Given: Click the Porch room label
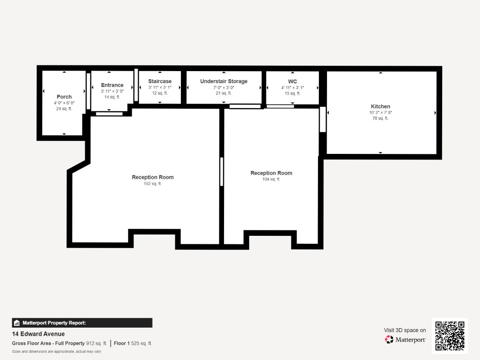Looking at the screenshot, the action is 64,97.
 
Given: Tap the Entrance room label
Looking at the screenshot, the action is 112,85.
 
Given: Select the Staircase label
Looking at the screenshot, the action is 160,81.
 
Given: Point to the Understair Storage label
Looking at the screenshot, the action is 224,81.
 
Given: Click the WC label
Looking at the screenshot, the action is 292,81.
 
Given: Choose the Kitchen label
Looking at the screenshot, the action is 381,107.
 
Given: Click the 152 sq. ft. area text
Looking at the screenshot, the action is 153,184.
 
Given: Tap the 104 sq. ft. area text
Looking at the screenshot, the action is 271,180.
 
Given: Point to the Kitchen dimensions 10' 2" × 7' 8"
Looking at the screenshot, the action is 381,112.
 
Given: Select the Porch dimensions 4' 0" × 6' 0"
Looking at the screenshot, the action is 64,103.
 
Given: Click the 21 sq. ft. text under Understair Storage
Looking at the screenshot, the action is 224,93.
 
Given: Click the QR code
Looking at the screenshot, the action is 450,336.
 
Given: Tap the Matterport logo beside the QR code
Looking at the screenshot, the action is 405,339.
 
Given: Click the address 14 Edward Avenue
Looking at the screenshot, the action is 38,334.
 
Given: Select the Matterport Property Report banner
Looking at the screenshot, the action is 82,323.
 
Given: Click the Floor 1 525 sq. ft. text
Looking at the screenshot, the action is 133,343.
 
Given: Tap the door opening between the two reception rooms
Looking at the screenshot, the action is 222,172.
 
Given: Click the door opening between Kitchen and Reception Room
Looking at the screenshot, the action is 323,119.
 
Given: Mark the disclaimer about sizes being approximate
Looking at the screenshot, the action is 56,352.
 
